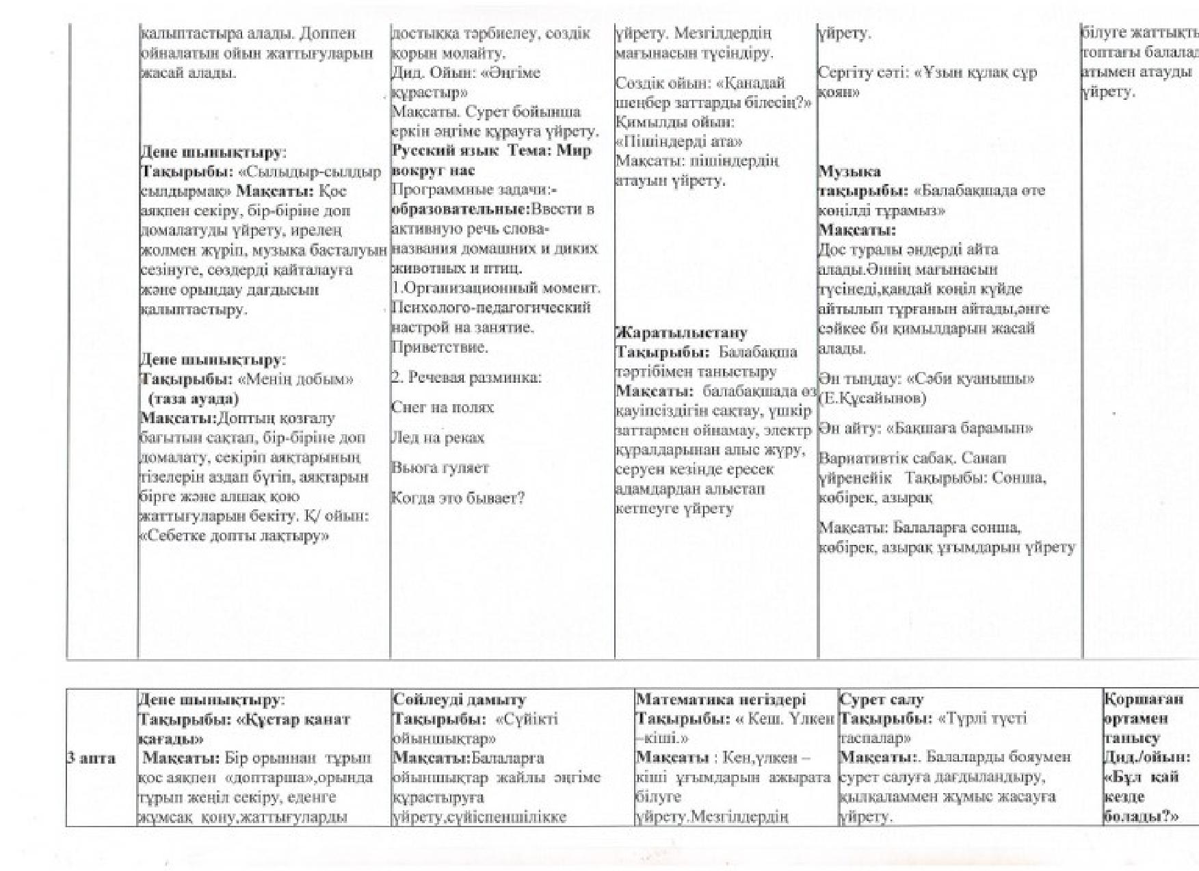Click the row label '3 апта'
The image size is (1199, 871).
91,758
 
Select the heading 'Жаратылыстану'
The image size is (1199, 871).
682,333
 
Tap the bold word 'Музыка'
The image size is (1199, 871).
849,171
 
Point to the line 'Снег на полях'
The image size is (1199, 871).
443,407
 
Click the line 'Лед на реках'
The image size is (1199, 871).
438,438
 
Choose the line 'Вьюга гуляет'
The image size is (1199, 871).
440,468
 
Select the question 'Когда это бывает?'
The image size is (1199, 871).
458,498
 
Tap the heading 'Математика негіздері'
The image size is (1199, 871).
721,699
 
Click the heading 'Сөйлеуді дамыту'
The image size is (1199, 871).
460,699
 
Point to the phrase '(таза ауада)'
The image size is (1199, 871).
193,399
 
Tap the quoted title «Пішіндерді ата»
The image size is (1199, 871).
679,142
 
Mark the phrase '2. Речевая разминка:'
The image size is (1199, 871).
466,377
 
